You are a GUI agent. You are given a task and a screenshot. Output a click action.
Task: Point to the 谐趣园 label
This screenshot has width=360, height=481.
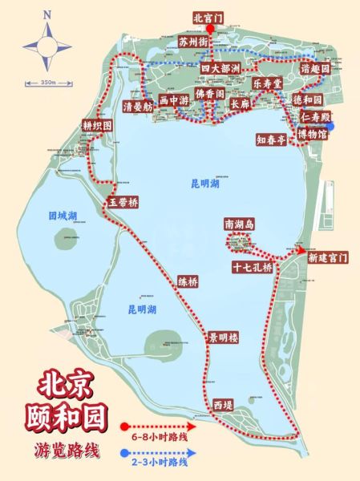click(315, 69)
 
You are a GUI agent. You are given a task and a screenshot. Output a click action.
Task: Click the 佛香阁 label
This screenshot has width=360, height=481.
click(210, 94)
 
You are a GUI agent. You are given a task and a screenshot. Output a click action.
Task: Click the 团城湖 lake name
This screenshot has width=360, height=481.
click(63, 216)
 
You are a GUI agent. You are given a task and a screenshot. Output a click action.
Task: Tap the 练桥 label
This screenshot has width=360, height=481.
click(188, 281)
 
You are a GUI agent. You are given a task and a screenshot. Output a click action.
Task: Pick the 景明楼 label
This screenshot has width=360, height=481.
click(224, 338)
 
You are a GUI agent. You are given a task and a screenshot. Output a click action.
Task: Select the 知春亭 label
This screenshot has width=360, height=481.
click(271, 138)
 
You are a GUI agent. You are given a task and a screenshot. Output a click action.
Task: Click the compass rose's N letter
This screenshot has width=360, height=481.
click(47, 14)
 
